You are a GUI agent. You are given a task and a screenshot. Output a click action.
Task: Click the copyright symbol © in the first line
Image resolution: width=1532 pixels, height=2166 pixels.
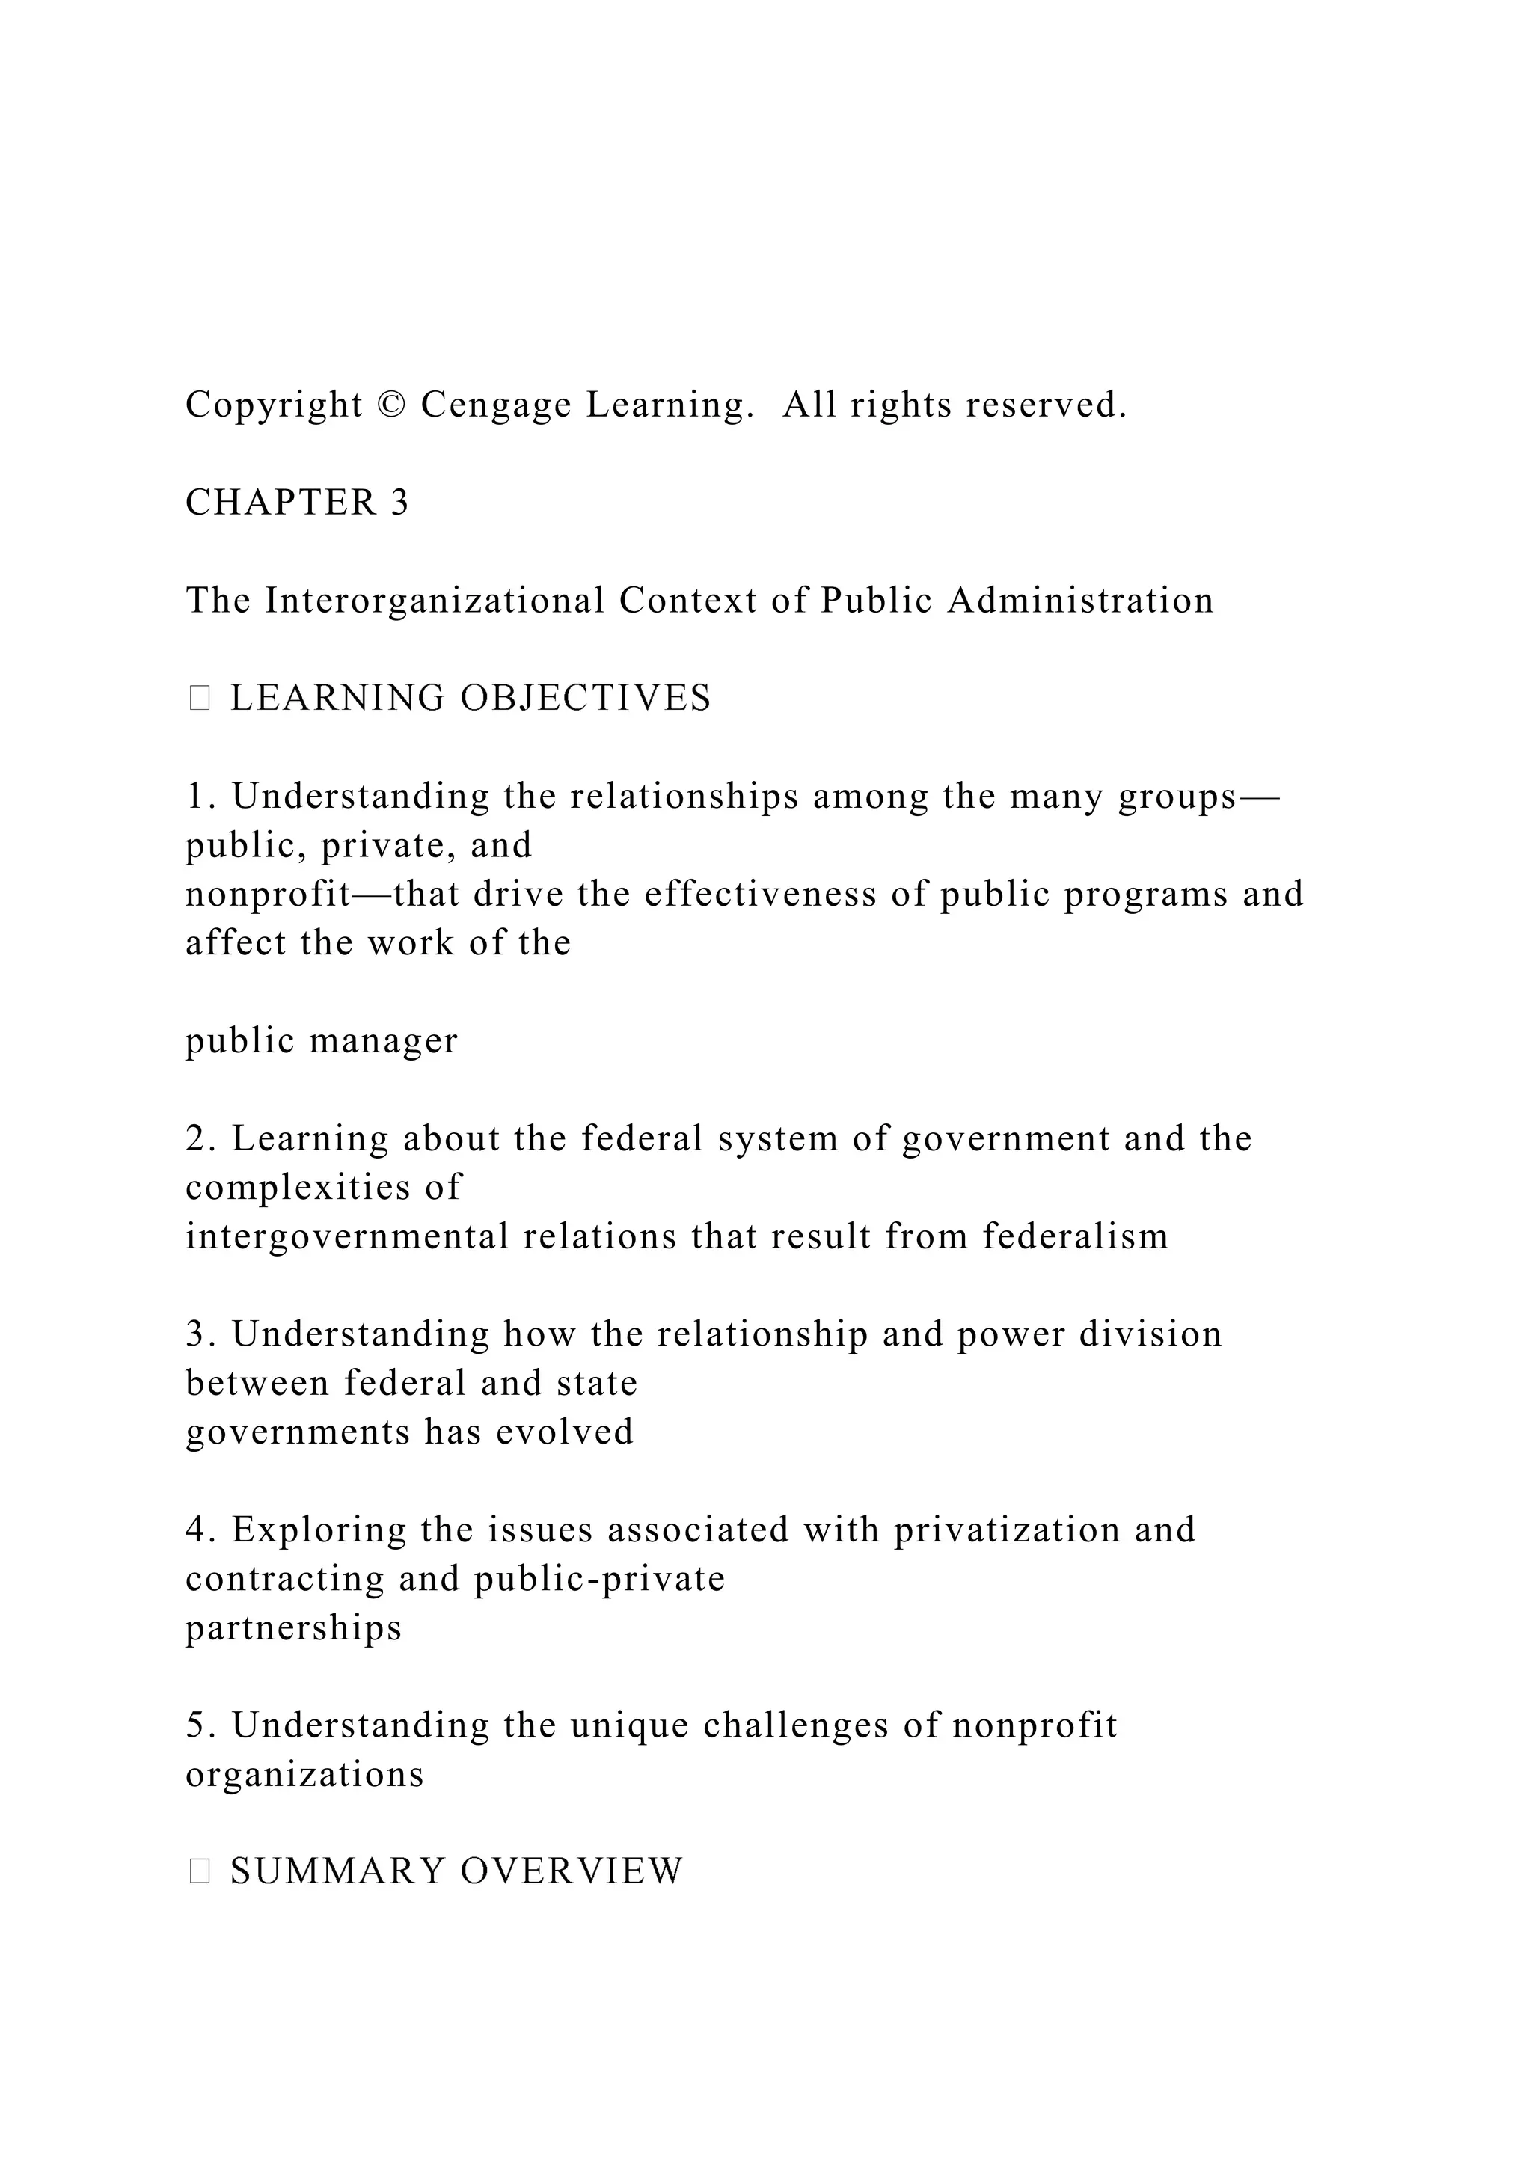390,405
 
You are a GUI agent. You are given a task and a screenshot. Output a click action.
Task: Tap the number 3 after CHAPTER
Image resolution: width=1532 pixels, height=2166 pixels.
400,503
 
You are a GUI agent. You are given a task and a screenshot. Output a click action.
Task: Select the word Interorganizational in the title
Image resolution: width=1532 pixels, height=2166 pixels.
434,600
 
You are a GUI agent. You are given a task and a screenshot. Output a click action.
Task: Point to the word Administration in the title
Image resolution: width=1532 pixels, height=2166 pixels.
1081,600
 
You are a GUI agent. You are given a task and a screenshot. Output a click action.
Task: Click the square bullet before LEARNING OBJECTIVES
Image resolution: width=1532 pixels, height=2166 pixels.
199,698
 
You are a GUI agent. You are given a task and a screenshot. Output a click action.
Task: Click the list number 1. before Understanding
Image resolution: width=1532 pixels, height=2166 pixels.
201,797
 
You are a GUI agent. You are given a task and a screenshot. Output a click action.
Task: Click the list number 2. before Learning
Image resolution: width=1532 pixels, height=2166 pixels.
201,1138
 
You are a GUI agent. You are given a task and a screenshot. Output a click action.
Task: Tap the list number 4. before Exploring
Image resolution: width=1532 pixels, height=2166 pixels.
201,1530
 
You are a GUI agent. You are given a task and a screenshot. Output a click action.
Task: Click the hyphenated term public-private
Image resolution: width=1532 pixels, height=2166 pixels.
600,1578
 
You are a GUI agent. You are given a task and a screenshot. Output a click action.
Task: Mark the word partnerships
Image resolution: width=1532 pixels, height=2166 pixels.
293,1627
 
